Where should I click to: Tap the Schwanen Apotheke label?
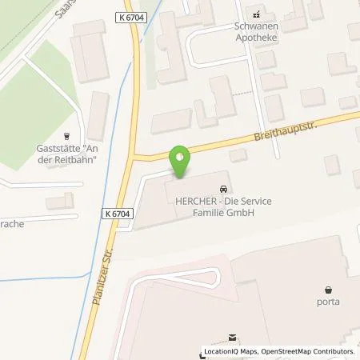pyautogui.click(x=257, y=30)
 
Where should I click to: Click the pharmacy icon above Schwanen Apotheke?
pyautogui.click(x=257, y=14)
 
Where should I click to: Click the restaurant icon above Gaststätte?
pyautogui.click(x=66, y=136)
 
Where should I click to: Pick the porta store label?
pyautogui.click(x=328, y=302)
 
